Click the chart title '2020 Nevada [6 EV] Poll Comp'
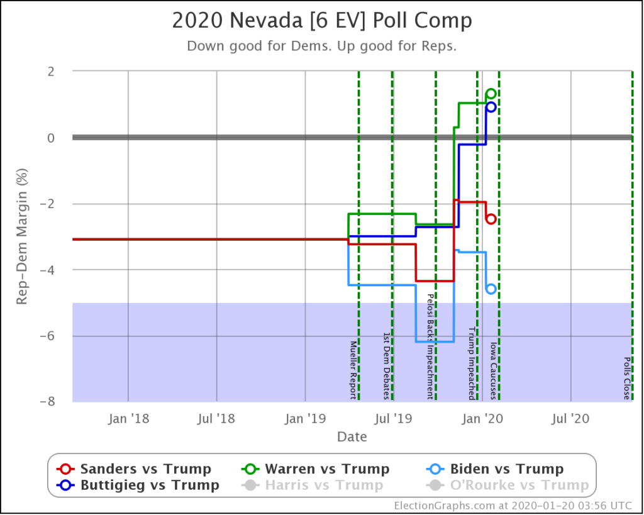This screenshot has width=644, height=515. click(321, 21)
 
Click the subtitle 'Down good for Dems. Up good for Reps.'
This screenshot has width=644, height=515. click(321, 47)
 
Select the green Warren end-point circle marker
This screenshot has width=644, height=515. click(491, 94)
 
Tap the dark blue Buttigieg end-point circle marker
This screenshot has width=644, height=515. click(491, 107)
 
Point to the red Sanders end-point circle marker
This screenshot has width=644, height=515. click(491, 219)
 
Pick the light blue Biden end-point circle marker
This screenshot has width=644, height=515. click(491, 289)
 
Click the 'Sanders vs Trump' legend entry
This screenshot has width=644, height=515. click(134, 469)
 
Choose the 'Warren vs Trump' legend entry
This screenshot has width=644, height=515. click(316, 469)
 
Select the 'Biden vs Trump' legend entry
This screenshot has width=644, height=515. click(495, 469)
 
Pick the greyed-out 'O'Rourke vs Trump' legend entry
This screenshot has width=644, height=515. click(508, 485)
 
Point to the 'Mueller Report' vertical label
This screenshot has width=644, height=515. click(353, 370)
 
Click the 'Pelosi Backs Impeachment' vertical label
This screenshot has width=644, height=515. click(431, 346)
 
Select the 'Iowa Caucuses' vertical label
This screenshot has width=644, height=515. click(494, 371)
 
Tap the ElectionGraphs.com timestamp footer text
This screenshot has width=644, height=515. click(516, 506)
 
